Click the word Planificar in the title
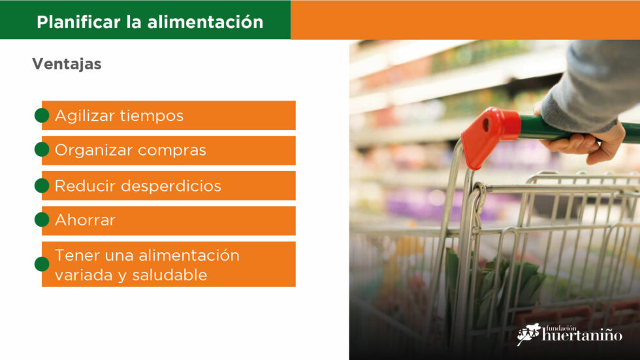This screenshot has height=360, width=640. click(x=79, y=22)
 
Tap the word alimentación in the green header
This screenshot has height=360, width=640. click(x=205, y=22)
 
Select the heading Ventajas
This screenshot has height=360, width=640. click(x=67, y=64)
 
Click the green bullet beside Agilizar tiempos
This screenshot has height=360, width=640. click(x=42, y=116)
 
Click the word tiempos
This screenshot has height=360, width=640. click(x=152, y=116)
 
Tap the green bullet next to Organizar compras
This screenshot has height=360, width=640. click(x=42, y=150)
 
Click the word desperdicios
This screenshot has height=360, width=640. click(x=171, y=186)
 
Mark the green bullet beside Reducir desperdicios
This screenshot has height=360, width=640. click(x=42, y=186)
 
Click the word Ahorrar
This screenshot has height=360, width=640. click(x=85, y=220)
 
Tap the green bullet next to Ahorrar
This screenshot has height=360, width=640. click(x=42, y=220)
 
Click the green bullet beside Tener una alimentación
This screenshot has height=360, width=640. click(x=42, y=264)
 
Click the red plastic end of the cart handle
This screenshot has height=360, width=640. click(x=489, y=135)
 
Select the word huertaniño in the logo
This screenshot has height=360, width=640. click(x=582, y=335)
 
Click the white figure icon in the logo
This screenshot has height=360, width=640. click(x=528, y=334)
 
